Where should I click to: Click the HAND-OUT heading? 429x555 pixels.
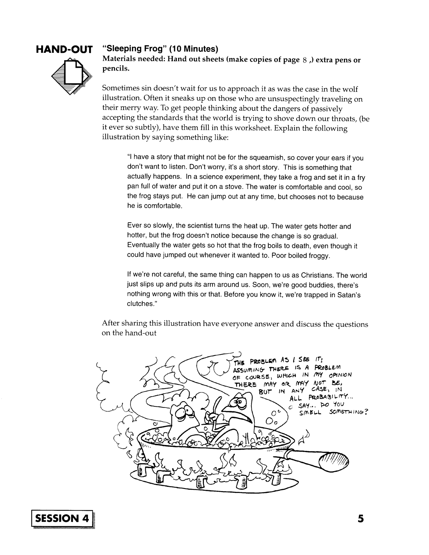coord(64,50)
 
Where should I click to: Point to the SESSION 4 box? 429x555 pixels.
coord(62,518)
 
